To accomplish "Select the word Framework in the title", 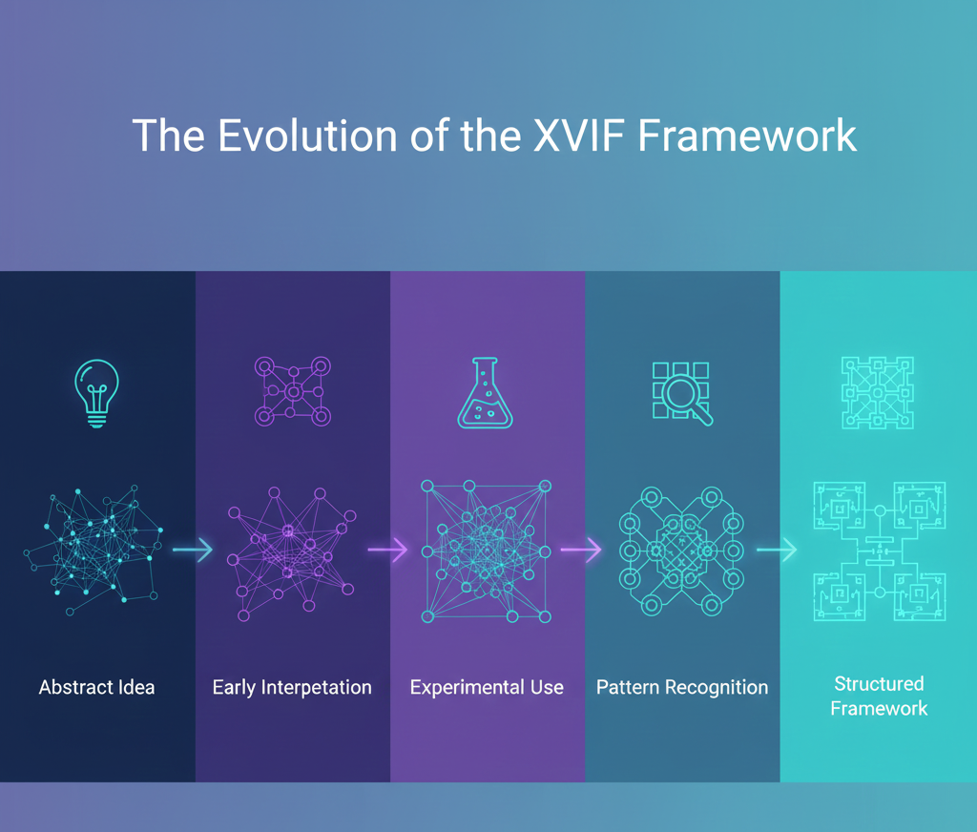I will pyautogui.click(x=747, y=135).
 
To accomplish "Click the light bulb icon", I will pyautogui.click(x=97, y=392).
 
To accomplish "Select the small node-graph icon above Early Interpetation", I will pyautogui.click(x=293, y=391).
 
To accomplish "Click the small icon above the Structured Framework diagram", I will pyautogui.click(x=878, y=392).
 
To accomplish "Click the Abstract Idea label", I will pyautogui.click(x=96, y=687).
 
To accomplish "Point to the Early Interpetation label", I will pyautogui.click(x=292, y=687).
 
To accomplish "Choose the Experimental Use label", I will pyautogui.click(x=487, y=687).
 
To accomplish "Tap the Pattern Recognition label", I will pyautogui.click(x=682, y=687).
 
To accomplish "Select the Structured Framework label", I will pyautogui.click(x=879, y=696).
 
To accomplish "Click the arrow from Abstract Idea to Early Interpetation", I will pyautogui.click(x=194, y=550).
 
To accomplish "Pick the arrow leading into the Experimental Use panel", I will pyautogui.click(x=388, y=550).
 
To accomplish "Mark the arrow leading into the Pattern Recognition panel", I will pyautogui.click(x=582, y=550).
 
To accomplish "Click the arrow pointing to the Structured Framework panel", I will pyautogui.click(x=777, y=550).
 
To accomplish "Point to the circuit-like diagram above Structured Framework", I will pyautogui.click(x=879, y=551).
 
